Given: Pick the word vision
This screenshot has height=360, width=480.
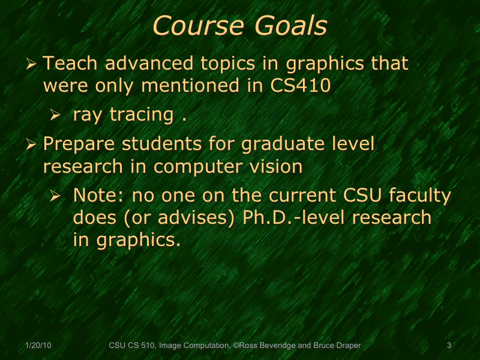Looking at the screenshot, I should [x=275, y=166].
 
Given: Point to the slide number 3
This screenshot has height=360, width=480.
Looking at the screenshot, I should [x=449, y=346].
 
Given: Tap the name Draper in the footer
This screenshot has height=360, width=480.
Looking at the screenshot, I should [x=349, y=346].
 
